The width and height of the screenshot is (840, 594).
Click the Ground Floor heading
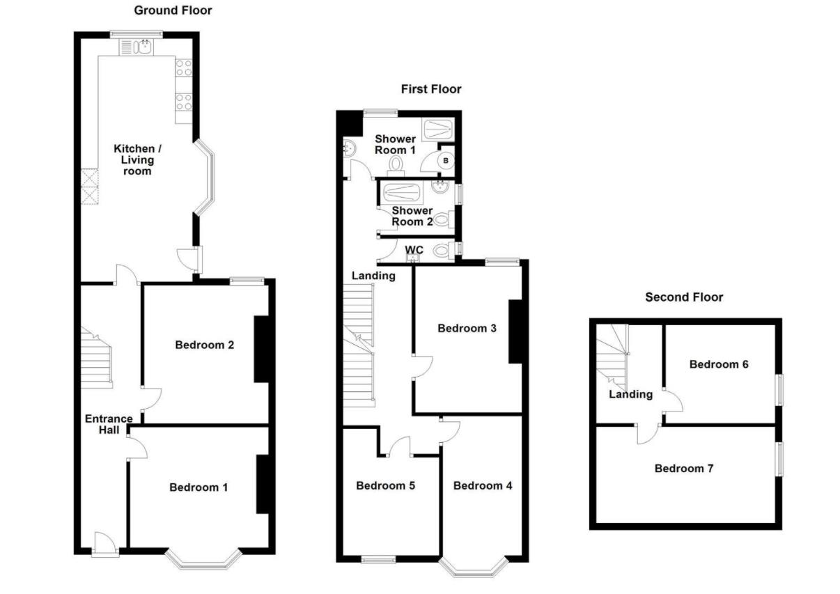coord(173,10)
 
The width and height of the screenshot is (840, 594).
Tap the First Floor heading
coord(430,89)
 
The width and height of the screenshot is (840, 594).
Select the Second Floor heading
coord(683,297)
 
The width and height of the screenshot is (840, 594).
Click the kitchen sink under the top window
coord(144,47)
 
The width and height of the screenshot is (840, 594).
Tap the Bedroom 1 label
coord(199,487)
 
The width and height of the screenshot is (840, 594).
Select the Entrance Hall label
coord(109,424)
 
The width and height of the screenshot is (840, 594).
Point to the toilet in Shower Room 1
coord(397,164)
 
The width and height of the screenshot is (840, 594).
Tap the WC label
coord(414,249)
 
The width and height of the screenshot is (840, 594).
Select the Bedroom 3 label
coord(467,328)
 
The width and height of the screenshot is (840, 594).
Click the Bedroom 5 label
coord(385,485)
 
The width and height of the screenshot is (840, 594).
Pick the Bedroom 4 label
coord(483,485)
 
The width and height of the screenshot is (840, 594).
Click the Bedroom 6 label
coord(719,364)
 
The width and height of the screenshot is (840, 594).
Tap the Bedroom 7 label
coord(683,469)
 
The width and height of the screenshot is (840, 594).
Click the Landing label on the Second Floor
coord(630,394)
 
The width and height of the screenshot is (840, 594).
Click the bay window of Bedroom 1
coord(203,560)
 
